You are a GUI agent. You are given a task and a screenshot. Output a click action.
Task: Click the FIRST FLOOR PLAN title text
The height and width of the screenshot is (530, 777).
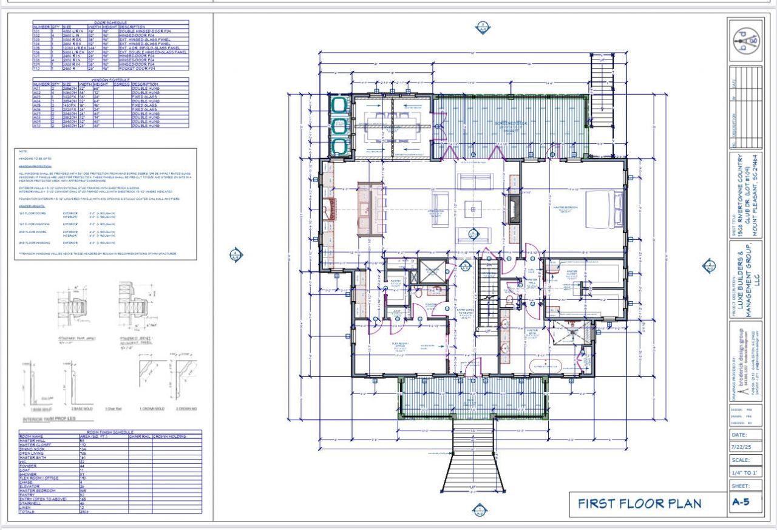(x=639, y=503)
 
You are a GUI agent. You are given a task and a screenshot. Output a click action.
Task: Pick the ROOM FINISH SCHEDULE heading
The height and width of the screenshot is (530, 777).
(x=110, y=432)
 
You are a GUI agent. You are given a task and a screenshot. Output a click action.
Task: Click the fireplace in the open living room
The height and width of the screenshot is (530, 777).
(x=515, y=211)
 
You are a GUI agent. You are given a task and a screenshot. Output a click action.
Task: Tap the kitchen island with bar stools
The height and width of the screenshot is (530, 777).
(x=368, y=209)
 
